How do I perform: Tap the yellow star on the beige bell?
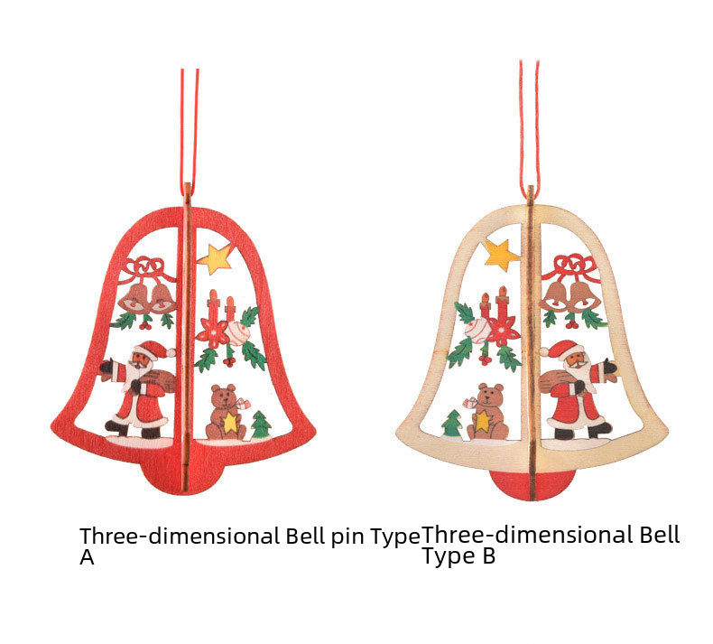point(502,254)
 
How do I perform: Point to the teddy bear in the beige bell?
point(487,411)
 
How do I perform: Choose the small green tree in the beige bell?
point(451,423)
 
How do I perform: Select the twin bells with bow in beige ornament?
point(570,287)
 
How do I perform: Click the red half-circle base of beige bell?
point(532,484)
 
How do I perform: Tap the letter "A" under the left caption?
point(87,558)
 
